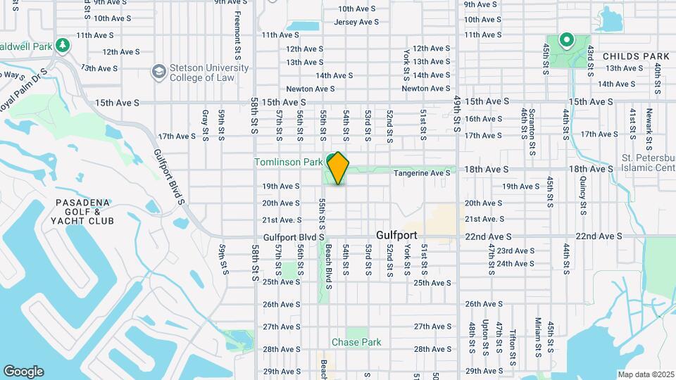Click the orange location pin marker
click(339, 167)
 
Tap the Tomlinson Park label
click(288, 163)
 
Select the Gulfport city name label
click(396, 235)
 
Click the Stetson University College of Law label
click(209, 72)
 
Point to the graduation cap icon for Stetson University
click(159, 72)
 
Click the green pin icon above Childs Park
click(565, 41)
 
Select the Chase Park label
click(356, 343)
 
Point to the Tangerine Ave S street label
click(422, 173)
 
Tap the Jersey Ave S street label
click(356, 22)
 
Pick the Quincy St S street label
click(583, 196)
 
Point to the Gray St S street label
click(205, 125)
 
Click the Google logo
click(23, 372)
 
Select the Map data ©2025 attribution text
click(645, 374)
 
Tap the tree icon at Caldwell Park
click(63, 45)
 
